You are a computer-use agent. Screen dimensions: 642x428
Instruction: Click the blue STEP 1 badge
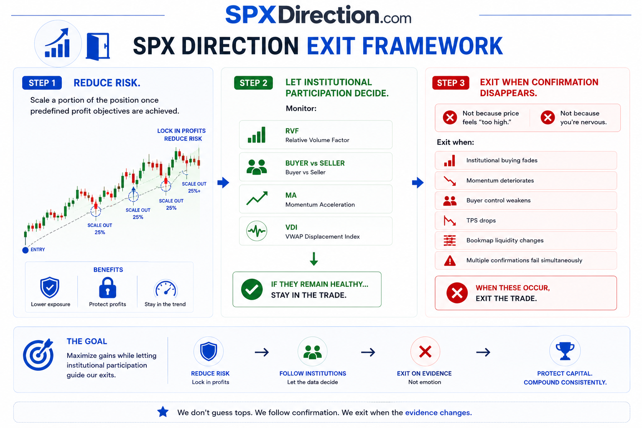42,83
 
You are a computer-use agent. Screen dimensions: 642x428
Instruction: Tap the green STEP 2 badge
253,83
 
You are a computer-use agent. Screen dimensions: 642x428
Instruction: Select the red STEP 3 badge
451,83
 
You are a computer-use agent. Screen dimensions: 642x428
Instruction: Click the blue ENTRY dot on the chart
25,250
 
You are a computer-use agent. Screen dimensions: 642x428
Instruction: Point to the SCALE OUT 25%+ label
194,188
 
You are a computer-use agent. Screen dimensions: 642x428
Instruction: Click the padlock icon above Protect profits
107,288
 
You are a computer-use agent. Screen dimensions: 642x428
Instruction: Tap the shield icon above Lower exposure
50,288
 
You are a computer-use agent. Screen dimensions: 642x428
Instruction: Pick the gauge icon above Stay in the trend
166,288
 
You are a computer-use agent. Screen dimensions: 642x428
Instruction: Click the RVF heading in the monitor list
292,131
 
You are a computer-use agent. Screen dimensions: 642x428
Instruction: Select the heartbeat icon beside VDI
257,231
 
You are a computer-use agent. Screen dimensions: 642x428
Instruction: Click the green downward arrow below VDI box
314,259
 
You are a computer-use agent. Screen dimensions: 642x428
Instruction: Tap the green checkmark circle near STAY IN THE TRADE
252,289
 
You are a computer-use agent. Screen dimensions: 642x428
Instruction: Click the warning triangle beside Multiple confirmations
450,260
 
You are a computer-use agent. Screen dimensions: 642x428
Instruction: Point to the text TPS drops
481,220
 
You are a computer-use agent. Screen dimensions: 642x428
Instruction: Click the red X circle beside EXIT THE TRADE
457,293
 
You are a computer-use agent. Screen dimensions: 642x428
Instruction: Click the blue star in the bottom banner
163,412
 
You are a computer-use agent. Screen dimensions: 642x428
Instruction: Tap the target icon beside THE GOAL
38,354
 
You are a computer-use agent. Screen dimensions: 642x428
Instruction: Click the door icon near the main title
98,46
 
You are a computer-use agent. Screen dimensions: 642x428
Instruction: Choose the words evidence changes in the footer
438,413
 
